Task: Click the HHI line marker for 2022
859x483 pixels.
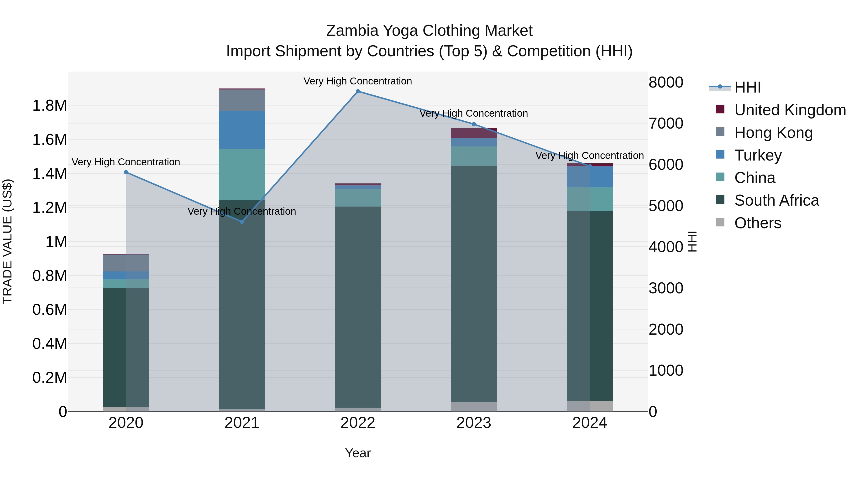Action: click(x=358, y=91)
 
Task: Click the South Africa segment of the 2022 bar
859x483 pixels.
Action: click(x=358, y=307)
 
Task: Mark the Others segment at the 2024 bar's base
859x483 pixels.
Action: click(x=590, y=406)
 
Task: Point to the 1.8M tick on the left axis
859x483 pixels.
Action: click(x=50, y=106)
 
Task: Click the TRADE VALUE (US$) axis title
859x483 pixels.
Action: click(x=7, y=241)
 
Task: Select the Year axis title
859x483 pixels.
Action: click(x=358, y=453)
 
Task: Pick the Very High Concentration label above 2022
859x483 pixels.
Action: click(x=358, y=81)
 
